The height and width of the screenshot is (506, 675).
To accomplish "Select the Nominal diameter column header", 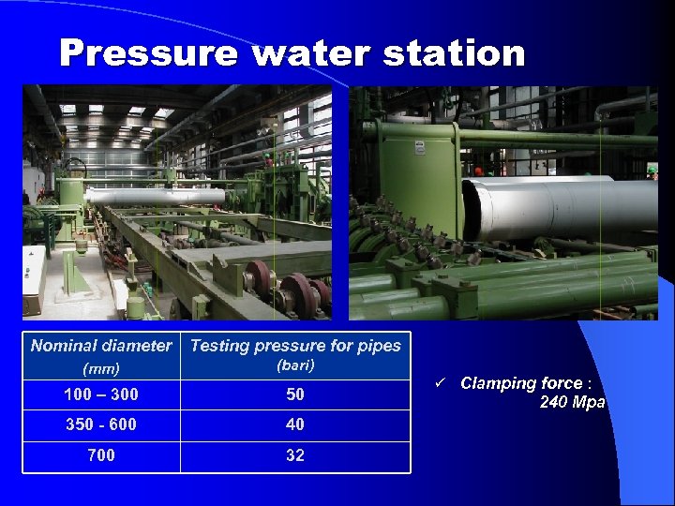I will pyautogui.click(x=101, y=346).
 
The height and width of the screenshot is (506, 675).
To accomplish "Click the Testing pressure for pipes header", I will pyautogui.click(x=295, y=346).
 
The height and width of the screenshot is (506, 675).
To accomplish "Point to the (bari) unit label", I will pyautogui.click(x=295, y=365).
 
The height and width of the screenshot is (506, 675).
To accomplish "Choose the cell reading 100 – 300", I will pyautogui.click(x=101, y=394).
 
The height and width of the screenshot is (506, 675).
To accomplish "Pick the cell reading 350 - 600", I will pyautogui.click(x=101, y=424).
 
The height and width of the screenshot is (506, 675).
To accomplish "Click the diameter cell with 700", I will pyautogui.click(x=101, y=455).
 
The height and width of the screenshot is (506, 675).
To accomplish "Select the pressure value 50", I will pyautogui.click(x=295, y=394).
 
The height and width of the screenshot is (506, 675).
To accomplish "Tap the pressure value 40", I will pyautogui.click(x=295, y=424).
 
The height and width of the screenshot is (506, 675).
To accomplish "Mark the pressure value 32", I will pyautogui.click(x=295, y=455).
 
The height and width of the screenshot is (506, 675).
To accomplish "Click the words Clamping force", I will pyautogui.click(x=520, y=383).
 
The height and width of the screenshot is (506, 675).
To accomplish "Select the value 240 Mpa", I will pyautogui.click(x=572, y=403).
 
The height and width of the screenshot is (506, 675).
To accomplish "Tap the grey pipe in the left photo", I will pyautogui.click(x=155, y=197).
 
